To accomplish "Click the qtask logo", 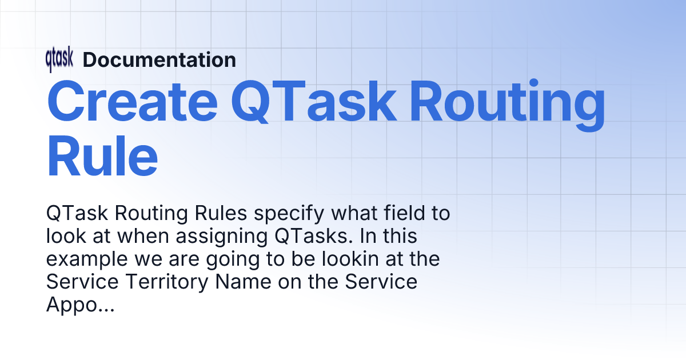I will pyautogui.click(x=59, y=60).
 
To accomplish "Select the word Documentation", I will pyautogui.click(x=159, y=60).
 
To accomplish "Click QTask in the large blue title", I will pyautogui.click(x=316, y=103).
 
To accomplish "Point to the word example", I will pyautogui.click(x=84, y=259).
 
